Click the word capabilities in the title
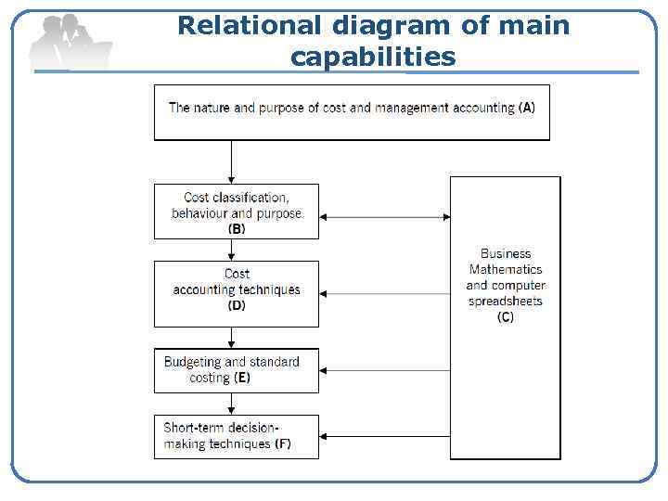pyautogui.click(x=373, y=58)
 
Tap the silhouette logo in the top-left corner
pyautogui.click(x=69, y=42)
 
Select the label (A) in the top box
pyautogui.click(x=526, y=108)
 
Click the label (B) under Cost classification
pyautogui.click(x=237, y=228)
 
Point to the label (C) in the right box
pyautogui.click(x=506, y=317)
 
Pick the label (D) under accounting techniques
pyautogui.click(x=237, y=305)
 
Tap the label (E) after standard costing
pyautogui.click(x=242, y=378)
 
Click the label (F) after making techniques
pyautogui.click(x=282, y=443)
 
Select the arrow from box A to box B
pyautogui.click(x=230, y=161)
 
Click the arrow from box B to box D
pyautogui.click(x=230, y=250)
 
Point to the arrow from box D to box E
pyautogui.click(x=230, y=338)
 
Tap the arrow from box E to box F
pyautogui.click(x=230, y=404)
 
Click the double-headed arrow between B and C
pyautogui.click(x=384, y=218)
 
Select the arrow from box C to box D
pyautogui.click(x=384, y=294)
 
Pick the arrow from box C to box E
pyautogui.click(x=384, y=370)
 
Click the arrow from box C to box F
pyautogui.click(x=384, y=436)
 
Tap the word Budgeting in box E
pyautogui.click(x=193, y=362)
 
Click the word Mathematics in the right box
pyautogui.click(x=506, y=269)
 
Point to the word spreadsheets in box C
pyautogui.click(x=506, y=302)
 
